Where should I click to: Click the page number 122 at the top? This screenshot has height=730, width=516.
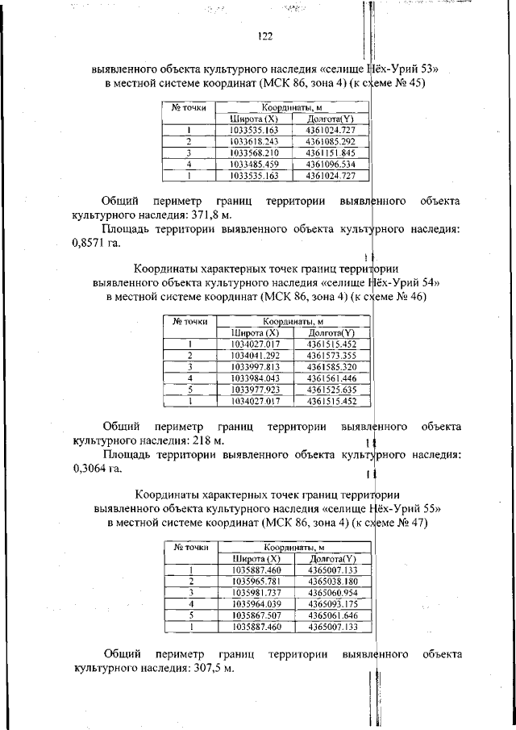(265, 35)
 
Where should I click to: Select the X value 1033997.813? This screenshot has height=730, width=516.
(255, 365)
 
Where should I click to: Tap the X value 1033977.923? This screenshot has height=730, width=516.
(255, 388)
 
